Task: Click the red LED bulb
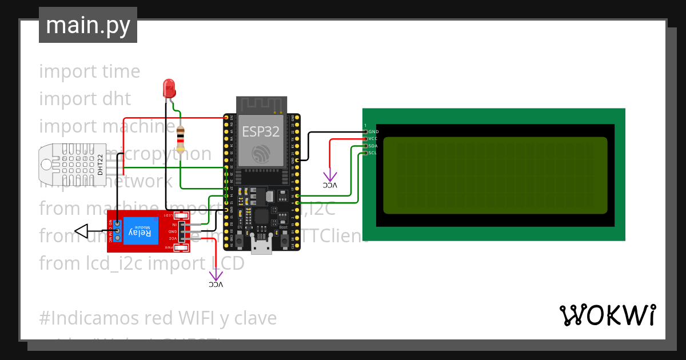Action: [x=169, y=87]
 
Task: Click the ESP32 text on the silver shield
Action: [x=261, y=131]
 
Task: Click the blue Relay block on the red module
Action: [x=141, y=231]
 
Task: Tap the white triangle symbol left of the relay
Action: [x=82, y=231]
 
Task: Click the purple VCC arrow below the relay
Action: [x=216, y=277]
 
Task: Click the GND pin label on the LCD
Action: [x=373, y=132]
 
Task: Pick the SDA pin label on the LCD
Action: [x=373, y=146]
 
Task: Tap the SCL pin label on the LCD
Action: [x=373, y=153]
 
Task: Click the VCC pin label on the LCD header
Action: [x=373, y=139]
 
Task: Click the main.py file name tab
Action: [x=88, y=25]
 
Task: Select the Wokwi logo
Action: [x=607, y=315]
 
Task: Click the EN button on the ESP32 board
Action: [x=240, y=234]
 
